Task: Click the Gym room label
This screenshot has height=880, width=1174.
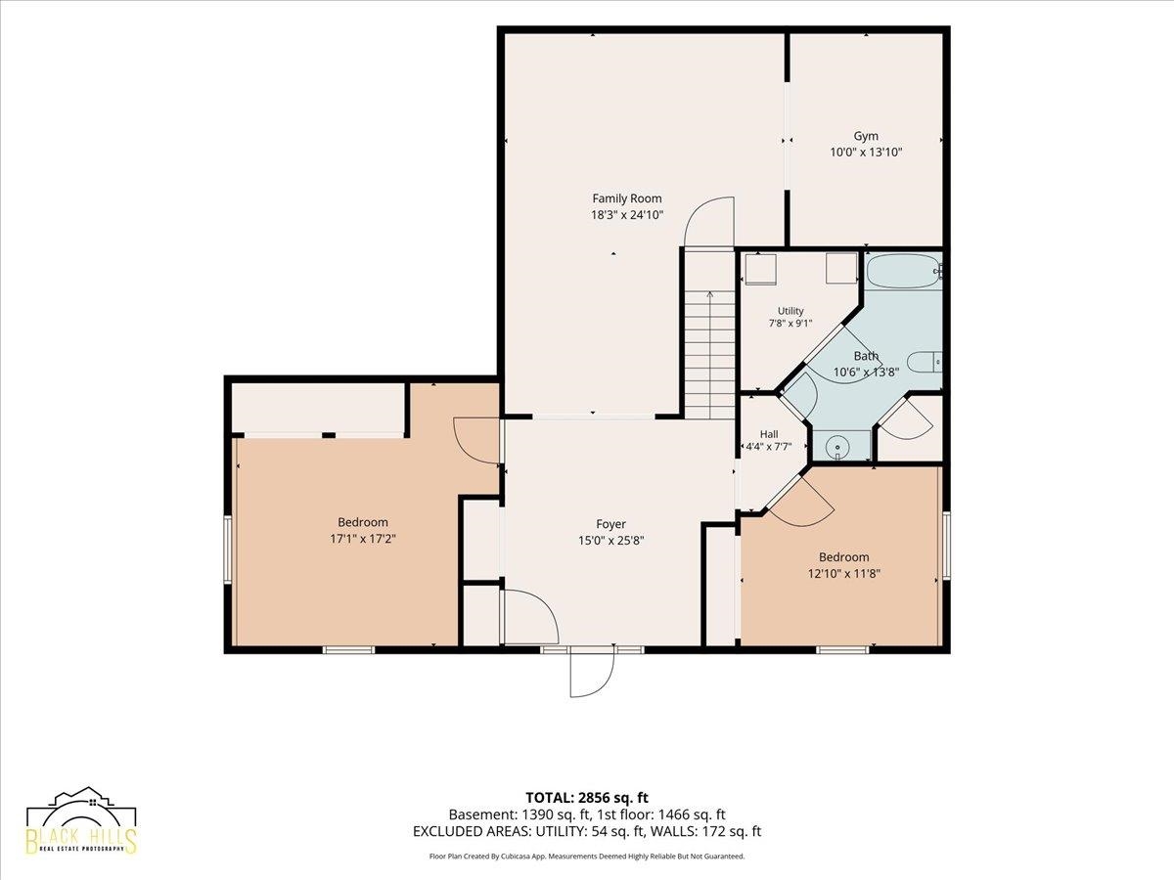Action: pyautogui.click(x=866, y=136)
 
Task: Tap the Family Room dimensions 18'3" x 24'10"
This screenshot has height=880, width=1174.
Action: pyautogui.click(x=627, y=215)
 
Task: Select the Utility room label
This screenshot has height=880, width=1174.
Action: pyautogui.click(x=790, y=310)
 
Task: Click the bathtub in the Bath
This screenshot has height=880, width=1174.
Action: pyautogui.click(x=903, y=271)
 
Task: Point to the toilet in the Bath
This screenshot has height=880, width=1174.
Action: pyautogui.click(x=925, y=362)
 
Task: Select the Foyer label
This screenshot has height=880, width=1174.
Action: pyautogui.click(x=610, y=524)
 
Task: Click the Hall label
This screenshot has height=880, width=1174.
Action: pyautogui.click(x=769, y=434)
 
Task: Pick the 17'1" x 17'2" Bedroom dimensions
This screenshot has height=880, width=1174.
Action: pyautogui.click(x=363, y=539)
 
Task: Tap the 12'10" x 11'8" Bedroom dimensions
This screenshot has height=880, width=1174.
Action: pyautogui.click(x=844, y=574)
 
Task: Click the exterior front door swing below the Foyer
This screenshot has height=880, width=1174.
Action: pyautogui.click(x=592, y=673)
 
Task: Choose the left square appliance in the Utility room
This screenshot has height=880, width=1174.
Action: pyautogui.click(x=760, y=269)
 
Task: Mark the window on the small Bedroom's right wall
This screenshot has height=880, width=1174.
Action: pyautogui.click(x=946, y=545)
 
